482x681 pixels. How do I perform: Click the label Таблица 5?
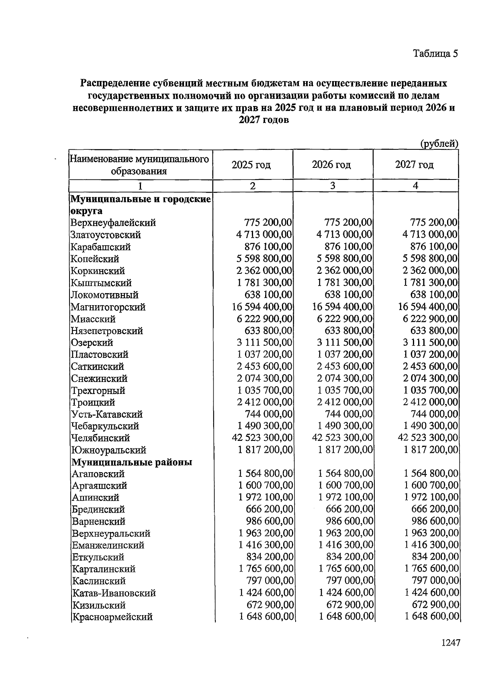click(x=435, y=53)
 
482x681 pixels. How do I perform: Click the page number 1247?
click(x=450, y=642)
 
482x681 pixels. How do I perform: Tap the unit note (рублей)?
click(x=439, y=143)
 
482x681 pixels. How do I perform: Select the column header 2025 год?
click(x=251, y=165)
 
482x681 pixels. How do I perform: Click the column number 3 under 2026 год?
click(x=333, y=186)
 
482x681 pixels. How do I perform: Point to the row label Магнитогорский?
click(x=108, y=307)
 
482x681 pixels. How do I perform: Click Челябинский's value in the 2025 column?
click(x=262, y=438)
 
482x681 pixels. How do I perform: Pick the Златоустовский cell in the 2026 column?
click(x=344, y=234)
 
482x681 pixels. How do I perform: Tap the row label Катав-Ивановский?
click(x=114, y=593)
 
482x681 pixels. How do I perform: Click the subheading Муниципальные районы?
click(x=132, y=462)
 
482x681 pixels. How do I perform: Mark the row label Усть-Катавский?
click(x=107, y=414)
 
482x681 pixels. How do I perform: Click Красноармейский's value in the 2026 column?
click(x=346, y=617)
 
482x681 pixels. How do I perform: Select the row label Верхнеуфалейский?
click(x=113, y=223)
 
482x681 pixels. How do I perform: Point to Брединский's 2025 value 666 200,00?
click(x=269, y=509)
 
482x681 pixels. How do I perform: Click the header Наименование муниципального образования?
click(x=139, y=165)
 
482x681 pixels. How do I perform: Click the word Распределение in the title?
click(x=115, y=84)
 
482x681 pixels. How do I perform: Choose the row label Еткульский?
click(x=98, y=557)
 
